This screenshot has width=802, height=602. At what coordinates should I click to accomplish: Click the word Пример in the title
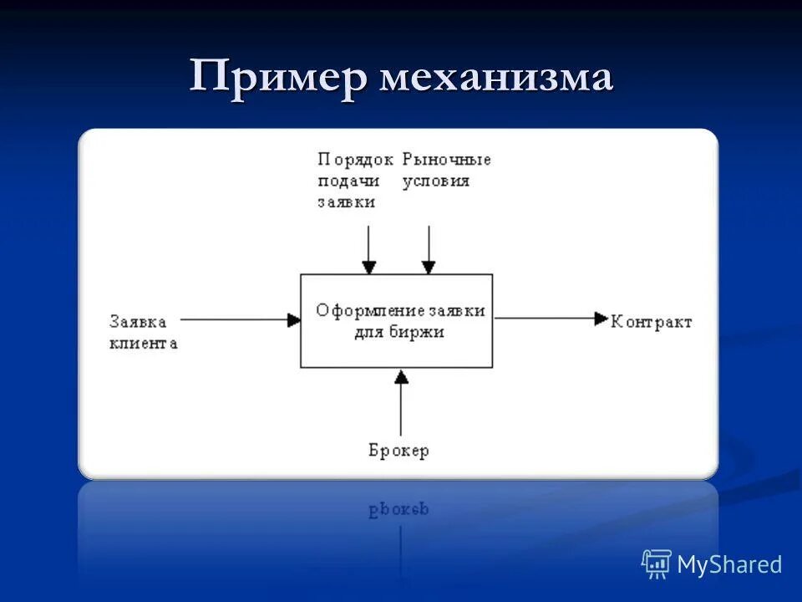pos(279,78)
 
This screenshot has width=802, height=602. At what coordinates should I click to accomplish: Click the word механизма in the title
pos(497,79)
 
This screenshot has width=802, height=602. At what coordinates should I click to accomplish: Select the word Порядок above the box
pos(355,159)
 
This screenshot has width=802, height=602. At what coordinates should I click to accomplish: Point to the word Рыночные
pos(447,159)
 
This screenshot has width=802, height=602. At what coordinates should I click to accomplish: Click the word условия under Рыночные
pos(436,181)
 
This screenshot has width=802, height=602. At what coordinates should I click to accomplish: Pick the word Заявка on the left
pos(138,321)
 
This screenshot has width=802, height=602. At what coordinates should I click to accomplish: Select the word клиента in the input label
pos(143,343)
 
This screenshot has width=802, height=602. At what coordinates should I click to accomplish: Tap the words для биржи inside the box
pos(396,331)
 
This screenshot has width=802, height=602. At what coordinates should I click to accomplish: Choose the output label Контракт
pos(652,322)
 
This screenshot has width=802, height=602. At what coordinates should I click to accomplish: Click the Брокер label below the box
pos(398,451)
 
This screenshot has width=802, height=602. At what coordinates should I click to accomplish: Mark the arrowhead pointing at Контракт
pos(601,319)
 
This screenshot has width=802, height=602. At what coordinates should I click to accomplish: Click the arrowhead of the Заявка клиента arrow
pos(293,319)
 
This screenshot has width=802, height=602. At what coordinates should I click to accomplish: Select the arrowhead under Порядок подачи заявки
pos(368,268)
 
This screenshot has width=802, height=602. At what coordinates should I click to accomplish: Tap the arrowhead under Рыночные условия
pos(429,268)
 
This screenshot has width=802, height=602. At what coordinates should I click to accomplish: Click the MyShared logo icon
pos(657,564)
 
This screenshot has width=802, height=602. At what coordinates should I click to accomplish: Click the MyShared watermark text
pos(729,564)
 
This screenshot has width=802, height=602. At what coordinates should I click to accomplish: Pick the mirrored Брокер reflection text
pos(398,508)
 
